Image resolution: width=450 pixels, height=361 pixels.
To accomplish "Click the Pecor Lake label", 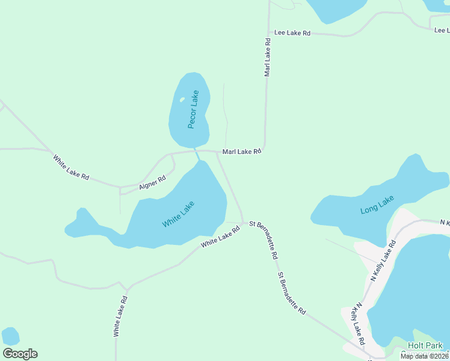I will click(193, 109).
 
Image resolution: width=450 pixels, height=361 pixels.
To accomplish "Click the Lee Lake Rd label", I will click(292, 33).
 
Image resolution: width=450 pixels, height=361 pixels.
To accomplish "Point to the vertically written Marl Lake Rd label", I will click(267, 58).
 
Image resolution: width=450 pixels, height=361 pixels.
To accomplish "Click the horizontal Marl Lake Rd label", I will click(242, 152).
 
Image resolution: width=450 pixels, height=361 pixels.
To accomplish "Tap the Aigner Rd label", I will click(152, 182).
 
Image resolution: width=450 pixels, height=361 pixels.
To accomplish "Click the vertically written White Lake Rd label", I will click(120, 316).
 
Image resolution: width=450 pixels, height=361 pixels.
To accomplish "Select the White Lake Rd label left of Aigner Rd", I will click(71, 168).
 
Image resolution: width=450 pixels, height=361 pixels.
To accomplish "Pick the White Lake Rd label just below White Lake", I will click(220, 236).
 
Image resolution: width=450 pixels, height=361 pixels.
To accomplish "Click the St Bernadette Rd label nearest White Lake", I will click(264, 239).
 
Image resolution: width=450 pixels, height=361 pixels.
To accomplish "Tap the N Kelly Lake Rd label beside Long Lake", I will click(383, 261).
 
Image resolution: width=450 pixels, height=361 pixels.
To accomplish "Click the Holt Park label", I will click(425, 345).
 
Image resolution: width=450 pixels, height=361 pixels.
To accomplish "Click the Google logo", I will click(20, 354).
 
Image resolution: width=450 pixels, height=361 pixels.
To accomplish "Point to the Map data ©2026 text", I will click(424, 356).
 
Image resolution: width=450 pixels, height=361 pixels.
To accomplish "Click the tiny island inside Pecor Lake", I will click(182, 100).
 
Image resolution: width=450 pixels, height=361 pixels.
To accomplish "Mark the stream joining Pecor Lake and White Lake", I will click(197, 155).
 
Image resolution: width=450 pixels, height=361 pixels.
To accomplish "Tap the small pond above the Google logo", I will click(10, 336).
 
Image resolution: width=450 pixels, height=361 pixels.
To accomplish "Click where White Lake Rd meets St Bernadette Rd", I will click(244, 223).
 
